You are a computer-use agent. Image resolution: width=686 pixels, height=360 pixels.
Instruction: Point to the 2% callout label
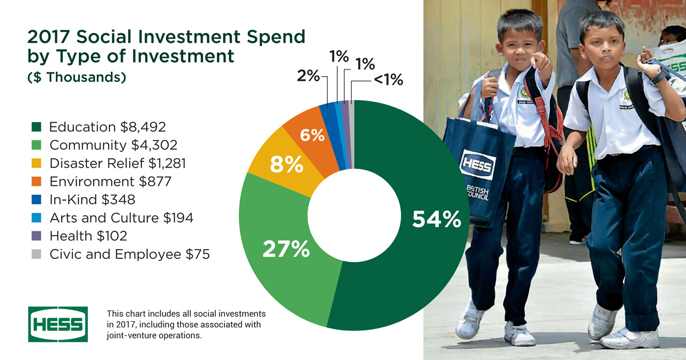click(308, 76)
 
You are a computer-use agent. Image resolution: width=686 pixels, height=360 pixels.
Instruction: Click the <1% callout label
click(389, 80)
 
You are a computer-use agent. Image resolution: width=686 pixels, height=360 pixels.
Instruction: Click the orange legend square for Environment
click(36, 182)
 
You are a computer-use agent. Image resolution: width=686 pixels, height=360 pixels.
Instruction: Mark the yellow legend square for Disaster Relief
click(36, 163)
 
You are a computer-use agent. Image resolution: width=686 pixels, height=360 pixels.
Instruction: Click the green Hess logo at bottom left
click(58, 324)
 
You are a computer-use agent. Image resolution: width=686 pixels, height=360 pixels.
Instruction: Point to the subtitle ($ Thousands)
click(77, 77)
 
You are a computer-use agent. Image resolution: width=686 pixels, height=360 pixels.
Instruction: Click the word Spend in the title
click(276, 37)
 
